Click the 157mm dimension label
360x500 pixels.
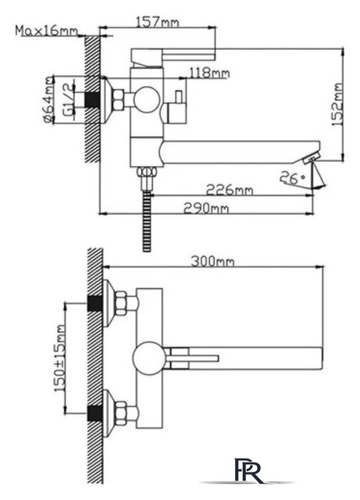[158, 23]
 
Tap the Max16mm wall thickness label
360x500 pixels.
[47, 31]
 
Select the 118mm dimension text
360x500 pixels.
[209, 73]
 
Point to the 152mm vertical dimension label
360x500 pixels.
[337, 104]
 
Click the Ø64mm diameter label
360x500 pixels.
[48, 99]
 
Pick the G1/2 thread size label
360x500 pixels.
[68, 99]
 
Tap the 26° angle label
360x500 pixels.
[292, 177]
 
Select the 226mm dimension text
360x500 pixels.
[230, 190]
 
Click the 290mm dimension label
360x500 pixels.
[206, 209]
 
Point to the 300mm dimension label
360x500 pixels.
[212, 262]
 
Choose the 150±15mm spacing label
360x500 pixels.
[59, 358]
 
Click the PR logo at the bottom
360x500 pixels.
[249, 470]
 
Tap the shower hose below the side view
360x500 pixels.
[147, 222]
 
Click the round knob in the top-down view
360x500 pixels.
[149, 358]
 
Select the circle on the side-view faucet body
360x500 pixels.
[146, 99]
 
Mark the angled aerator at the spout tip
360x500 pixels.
[312, 159]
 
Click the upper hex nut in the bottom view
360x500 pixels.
[122, 303]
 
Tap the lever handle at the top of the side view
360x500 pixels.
[173, 55]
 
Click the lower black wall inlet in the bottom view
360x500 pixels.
[94, 414]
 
